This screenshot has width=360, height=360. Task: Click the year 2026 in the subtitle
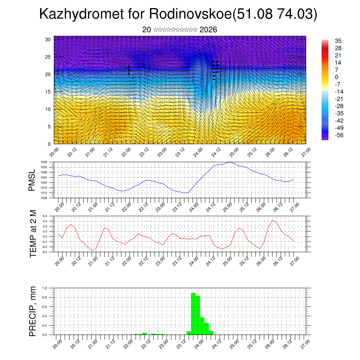coord(208,30)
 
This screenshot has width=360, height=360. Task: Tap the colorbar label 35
coord(328,41)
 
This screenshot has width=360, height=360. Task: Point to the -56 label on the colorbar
coord(329,135)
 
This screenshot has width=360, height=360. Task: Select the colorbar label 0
coord(327,77)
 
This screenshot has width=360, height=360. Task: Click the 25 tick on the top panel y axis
coord(49,57)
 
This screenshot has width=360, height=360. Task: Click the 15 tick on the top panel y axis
coord(49,92)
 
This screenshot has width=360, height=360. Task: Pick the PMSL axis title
coord(32,180)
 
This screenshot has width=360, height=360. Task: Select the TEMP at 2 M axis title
coord(33,234)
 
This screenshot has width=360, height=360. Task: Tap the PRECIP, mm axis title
coord(33,311)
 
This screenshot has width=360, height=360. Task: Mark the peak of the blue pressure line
coord(230,162)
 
